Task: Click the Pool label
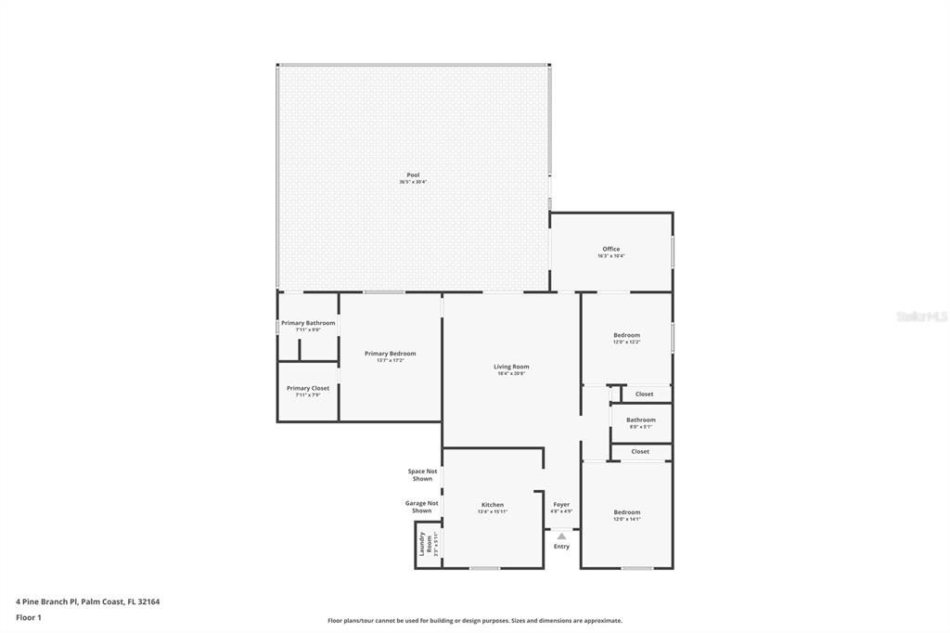[413, 174]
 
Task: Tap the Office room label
[610, 249]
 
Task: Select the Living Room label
[511, 367]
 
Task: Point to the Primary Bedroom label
[390, 354]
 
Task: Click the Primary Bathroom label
[308, 323]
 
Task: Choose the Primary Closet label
[307, 388]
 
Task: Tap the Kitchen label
[492, 505]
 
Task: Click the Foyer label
[561, 504]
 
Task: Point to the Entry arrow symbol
[561, 536]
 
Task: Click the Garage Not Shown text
[421, 507]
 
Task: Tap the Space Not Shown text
[422, 475]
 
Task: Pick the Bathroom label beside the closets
[640, 420]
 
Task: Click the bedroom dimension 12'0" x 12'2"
[626, 342]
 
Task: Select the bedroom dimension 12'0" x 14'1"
[626, 519]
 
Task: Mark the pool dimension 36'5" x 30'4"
[413, 182]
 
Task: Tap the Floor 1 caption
[29, 616]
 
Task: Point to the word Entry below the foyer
[561, 547]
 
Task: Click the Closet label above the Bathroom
[644, 394]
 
